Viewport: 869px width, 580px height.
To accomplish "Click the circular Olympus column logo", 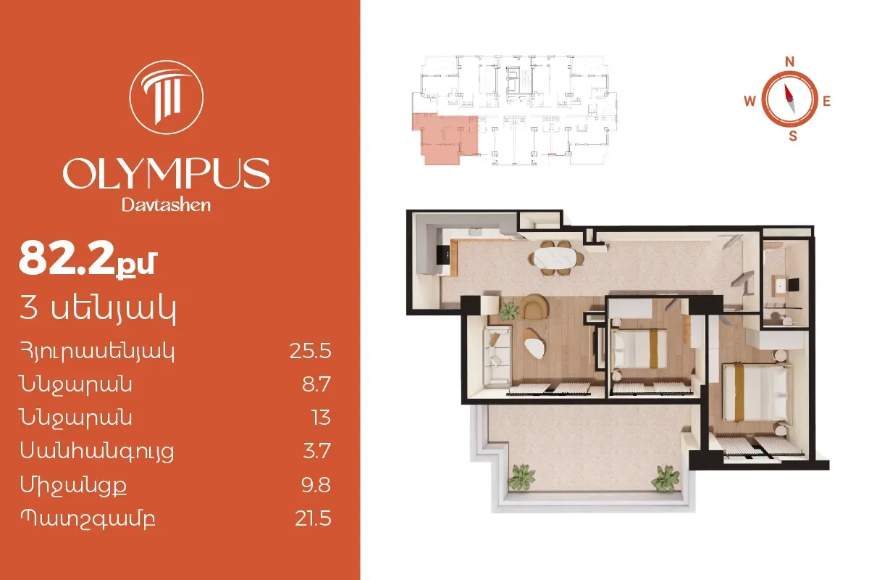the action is point(166,97).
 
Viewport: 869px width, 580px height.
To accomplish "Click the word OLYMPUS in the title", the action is point(166,173).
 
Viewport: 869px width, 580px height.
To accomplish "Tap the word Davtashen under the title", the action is point(166,205).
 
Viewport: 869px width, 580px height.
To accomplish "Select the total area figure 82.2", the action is point(67,258).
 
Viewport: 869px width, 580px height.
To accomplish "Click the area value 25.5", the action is point(311,351).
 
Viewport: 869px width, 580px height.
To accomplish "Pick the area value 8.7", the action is point(316,384).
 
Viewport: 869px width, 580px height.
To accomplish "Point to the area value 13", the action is point(322,418).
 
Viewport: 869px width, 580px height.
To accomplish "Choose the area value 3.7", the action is point(316,451).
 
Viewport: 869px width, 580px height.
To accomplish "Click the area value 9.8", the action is point(316,485).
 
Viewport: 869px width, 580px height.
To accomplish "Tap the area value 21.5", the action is point(313,518).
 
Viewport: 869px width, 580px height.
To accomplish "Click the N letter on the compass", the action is point(789,62).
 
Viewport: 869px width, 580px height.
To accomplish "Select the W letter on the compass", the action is point(750,101).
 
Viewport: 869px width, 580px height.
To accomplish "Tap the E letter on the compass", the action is point(827,101).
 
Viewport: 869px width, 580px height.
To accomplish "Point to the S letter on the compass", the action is point(793,136).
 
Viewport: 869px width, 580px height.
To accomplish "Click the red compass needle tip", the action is point(785,85).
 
